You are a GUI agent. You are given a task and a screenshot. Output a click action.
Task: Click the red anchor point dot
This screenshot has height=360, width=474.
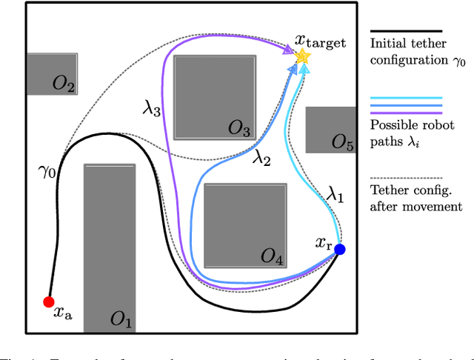coord(48,301)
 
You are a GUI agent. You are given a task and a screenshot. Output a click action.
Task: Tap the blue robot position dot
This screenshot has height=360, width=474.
coord(339,250)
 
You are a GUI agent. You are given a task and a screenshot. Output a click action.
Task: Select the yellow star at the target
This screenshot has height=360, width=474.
coord(301,56)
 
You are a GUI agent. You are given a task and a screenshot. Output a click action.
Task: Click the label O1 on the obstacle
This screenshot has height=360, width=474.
coord(120,321)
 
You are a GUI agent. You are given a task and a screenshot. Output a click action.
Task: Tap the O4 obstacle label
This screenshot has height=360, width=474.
coord(272,257)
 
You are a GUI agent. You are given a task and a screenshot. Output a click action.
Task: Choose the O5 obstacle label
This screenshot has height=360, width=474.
coord(341,142)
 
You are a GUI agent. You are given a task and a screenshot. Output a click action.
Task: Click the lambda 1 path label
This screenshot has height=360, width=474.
coord(336,196)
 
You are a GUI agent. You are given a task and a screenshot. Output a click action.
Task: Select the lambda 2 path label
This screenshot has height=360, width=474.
coord(262,157)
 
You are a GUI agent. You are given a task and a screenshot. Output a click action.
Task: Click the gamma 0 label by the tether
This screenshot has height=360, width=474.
coord(45,172)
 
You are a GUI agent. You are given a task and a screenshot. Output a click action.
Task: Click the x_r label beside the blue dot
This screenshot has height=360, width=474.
coord(323,241)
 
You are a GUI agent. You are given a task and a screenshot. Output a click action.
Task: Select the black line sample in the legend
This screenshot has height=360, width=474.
coord(405,31)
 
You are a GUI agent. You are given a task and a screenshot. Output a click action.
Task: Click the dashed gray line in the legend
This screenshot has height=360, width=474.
coord(405,178)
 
